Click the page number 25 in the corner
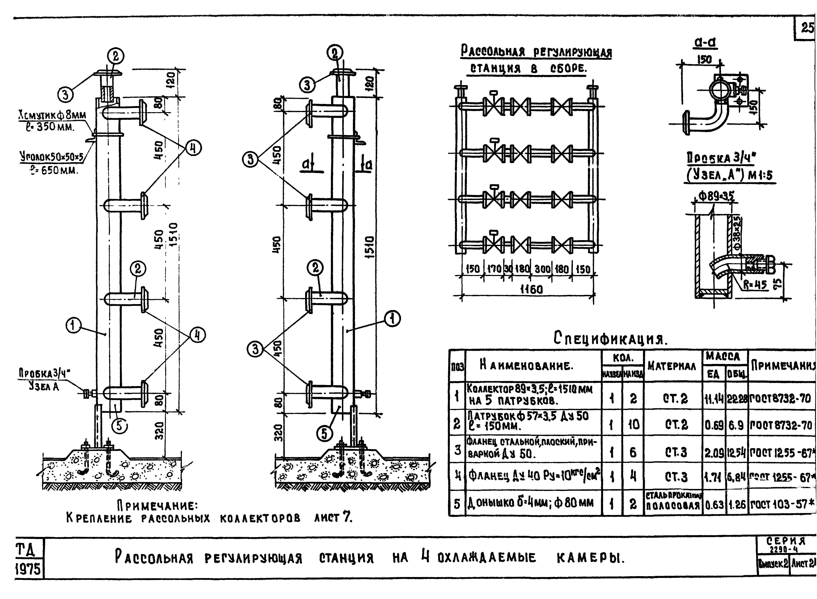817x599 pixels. point(807,28)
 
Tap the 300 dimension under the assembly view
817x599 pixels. point(543,269)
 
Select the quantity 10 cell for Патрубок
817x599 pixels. point(633,424)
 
